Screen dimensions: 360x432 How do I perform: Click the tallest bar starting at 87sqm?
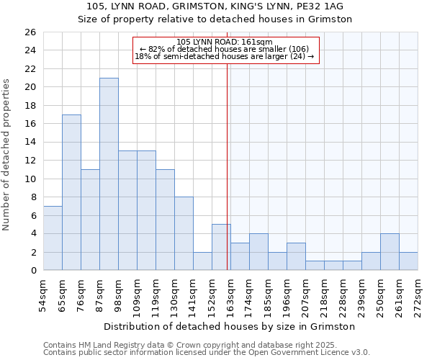(x=109, y=174)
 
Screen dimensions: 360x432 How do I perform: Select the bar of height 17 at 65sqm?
(x=71, y=192)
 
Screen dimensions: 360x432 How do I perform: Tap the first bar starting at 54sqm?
(x=53, y=238)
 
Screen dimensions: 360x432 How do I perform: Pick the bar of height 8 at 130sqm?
(x=184, y=233)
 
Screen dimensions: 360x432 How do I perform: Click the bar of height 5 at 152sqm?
(x=221, y=247)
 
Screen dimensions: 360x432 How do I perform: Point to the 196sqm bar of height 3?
(x=296, y=256)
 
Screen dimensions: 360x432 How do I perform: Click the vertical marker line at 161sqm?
(x=228, y=166)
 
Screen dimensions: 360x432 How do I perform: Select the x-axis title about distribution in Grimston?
(x=230, y=326)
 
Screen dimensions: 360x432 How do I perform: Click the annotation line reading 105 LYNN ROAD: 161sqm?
(x=225, y=42)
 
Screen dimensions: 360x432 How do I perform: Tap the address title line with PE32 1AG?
(x=215, y=6)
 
